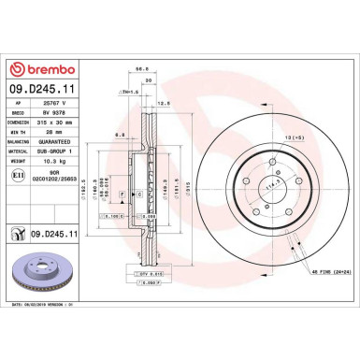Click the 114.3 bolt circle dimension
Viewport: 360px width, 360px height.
click(x=271, y=188)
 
